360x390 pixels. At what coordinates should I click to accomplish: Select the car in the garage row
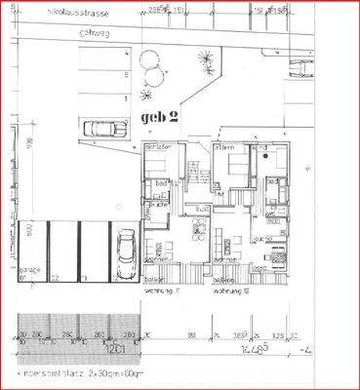point(126,256)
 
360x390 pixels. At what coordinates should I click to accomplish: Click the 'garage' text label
point(29,272)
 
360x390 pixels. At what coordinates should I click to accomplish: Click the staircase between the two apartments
point(196,166)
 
